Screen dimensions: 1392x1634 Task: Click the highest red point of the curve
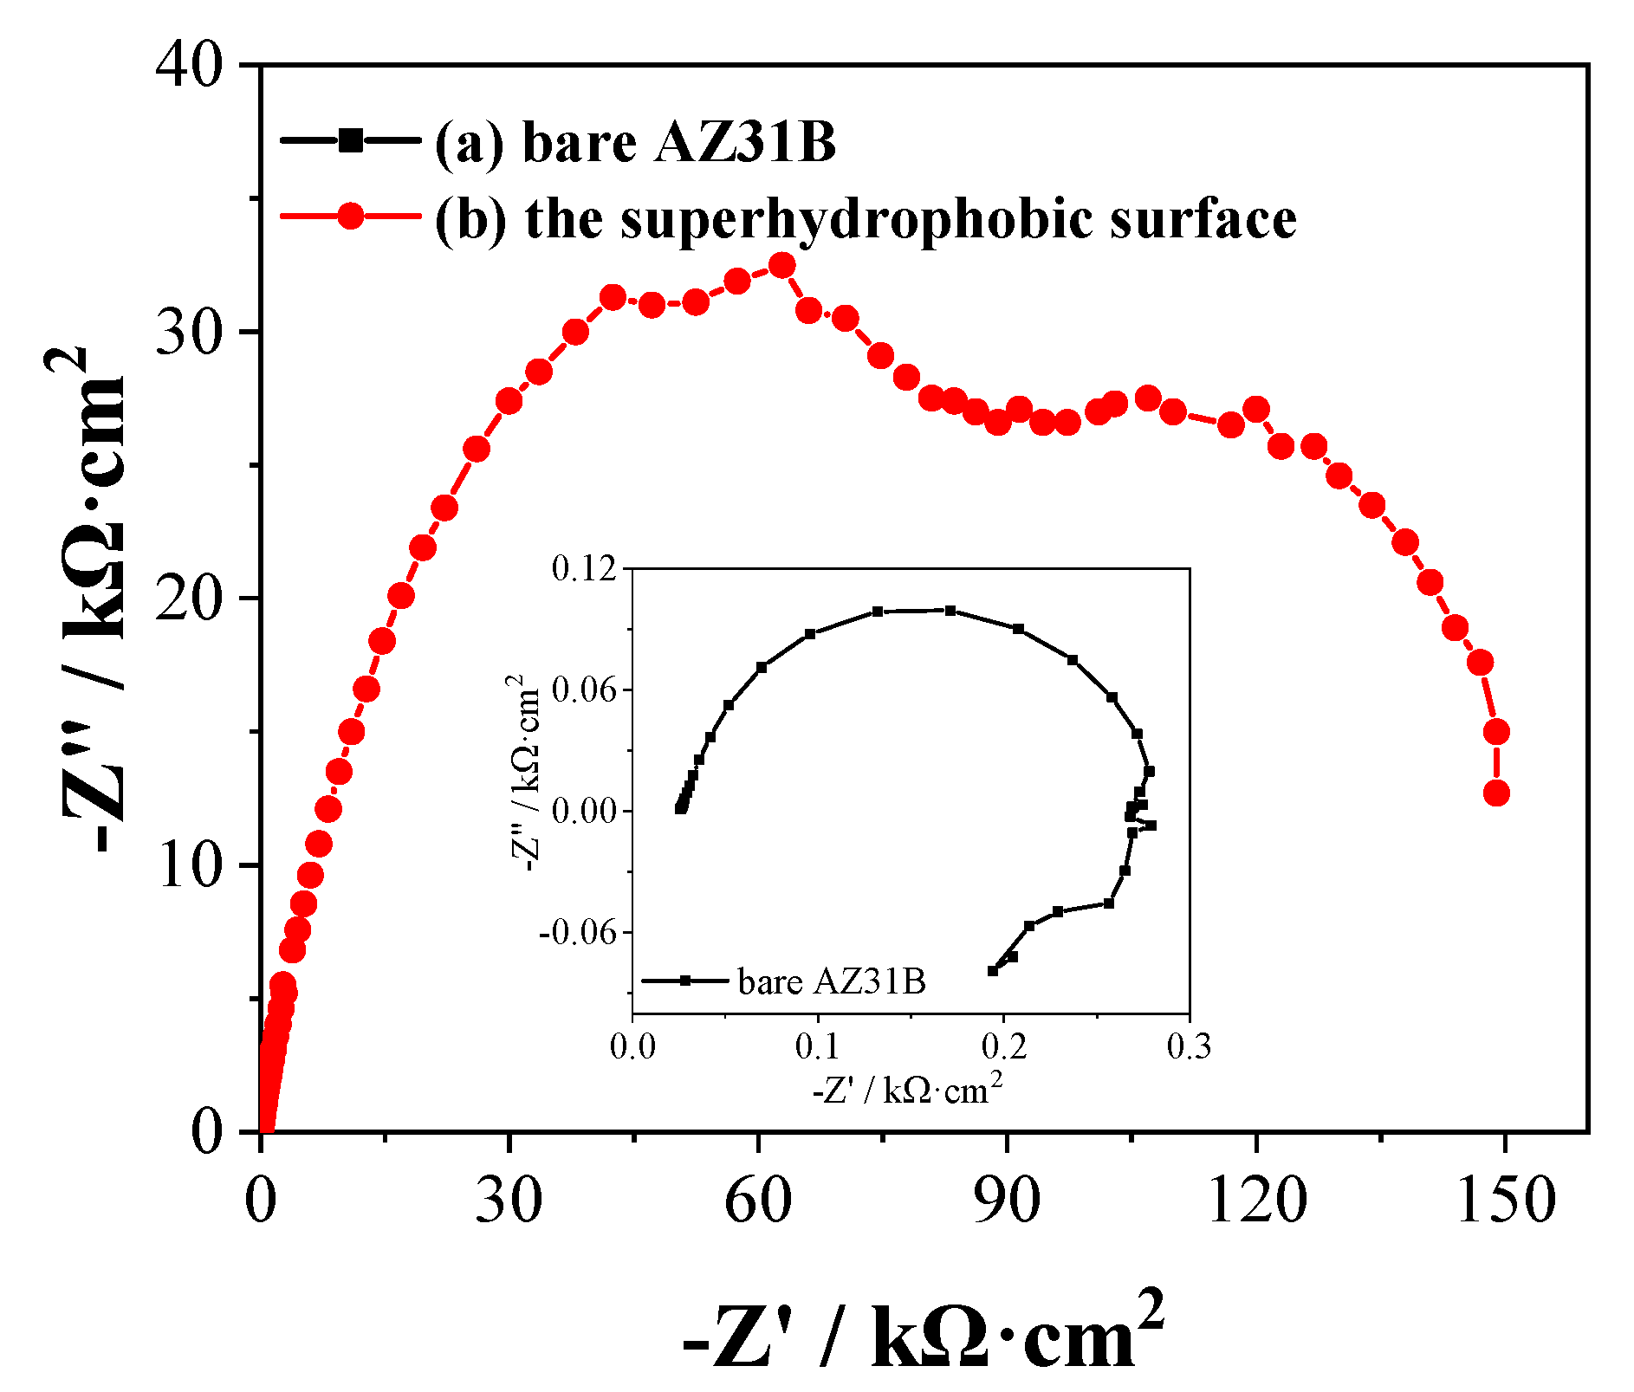click(x=782, y=265)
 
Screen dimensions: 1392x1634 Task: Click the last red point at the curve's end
click(x=1496, y=793)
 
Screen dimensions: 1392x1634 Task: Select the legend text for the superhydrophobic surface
click(x=865, y=218)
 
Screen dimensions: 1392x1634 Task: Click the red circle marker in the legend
click(x=350, y=216)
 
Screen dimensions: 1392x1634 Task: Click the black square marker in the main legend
click(x=350, y=139)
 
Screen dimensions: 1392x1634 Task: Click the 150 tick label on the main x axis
click(x=1505, y=1202)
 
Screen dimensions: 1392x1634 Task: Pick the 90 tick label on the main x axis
click(x=1007, y=1202)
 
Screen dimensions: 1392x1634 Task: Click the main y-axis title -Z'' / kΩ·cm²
click(x=91, y=598)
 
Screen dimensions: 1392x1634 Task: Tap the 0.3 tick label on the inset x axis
click(x=1189, y=1046)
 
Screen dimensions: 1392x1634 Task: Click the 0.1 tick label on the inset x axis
click(x=818, y=1046)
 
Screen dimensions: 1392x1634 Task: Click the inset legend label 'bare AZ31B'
click(x=831, y=981)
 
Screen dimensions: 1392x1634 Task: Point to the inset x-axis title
click(x=907, y=1089)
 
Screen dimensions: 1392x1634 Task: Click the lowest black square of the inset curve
click(x=993, y=971)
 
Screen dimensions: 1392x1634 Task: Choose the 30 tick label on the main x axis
click(x=509, y=1202)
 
